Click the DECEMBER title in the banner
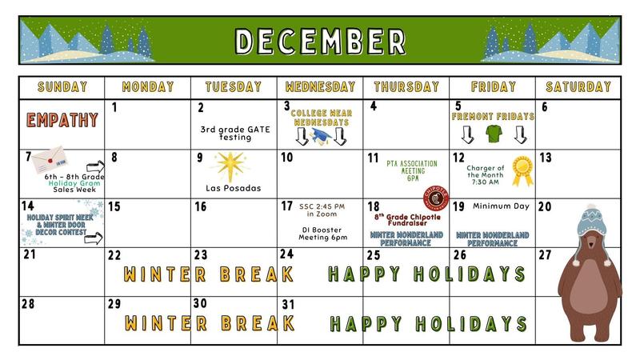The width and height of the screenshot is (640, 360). [x=319, y=39]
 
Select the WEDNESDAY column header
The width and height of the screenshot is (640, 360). [x=320, y=86]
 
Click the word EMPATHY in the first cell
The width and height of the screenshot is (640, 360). [x=62, y=121]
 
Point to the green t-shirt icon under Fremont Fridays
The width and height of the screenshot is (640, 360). [x=492, y=133]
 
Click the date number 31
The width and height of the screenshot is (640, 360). [x=290, y=305]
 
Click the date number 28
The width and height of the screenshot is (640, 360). [x=29, y=305]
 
